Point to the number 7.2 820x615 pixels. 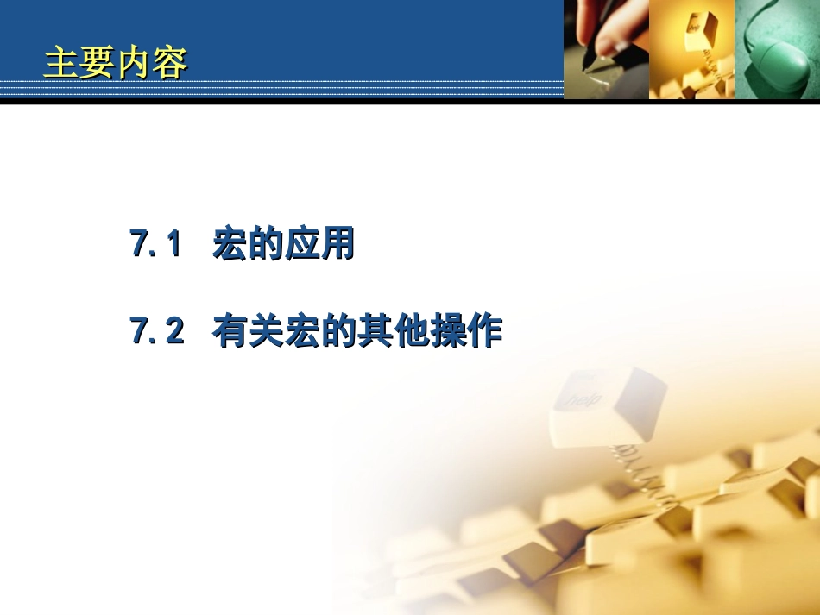click(x=157, y=332)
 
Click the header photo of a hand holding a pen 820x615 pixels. click(x=606, y=49)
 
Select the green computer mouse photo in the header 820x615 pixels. click(x=776, y=49)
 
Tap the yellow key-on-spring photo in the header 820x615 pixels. click(x=691, y=49)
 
